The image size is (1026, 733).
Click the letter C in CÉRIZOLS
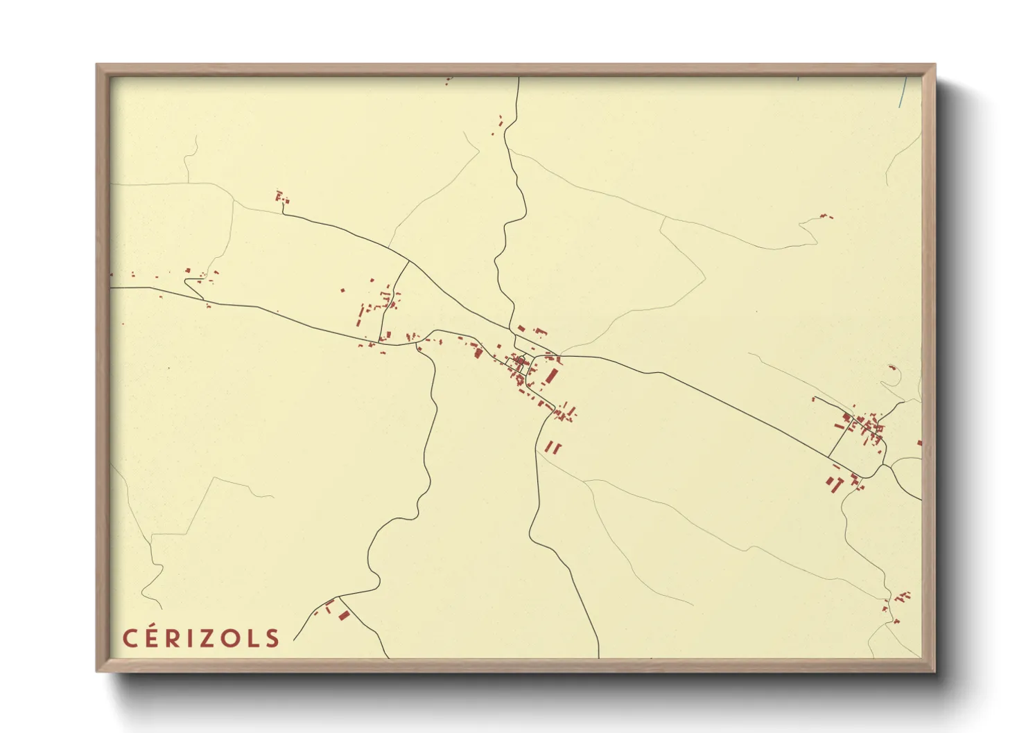tap(130, 638)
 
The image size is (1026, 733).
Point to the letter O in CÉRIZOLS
tap(229, 638)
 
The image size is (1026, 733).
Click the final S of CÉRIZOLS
tap(272, 638)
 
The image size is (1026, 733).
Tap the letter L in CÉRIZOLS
tap(251, 638)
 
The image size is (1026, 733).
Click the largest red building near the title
tap(344, 615)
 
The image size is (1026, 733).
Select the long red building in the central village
tap(552, 376)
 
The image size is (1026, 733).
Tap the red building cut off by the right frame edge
tap(919, 443)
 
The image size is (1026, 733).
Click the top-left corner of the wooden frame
tap(97, 65)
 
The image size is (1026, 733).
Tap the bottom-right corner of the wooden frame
tap(934, 671)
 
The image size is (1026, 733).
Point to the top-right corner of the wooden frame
tap(934, 65)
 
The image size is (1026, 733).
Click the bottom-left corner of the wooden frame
tap(97, 671)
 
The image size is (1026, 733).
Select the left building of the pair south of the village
tap(549, 448)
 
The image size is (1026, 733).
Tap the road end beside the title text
tap(295, 639)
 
